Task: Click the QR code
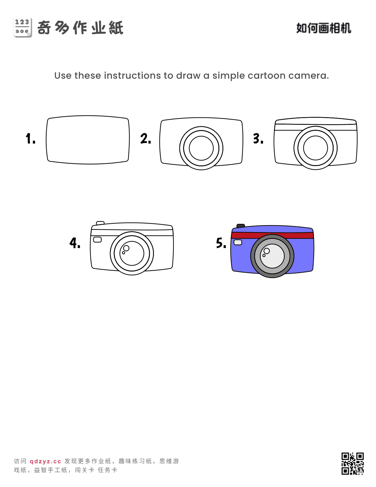pos(352,463)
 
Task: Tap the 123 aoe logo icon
pos(22,27)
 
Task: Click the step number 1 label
pos(30,138)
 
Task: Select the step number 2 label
pos(146,138)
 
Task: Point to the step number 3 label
pos(258,138)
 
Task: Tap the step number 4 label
pos(75,243)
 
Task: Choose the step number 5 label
pos(221,243)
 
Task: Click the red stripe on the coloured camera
pos(272,235)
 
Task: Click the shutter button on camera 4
pos(100,223)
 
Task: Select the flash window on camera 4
pos(97,240)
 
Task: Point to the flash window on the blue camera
pos(238,242)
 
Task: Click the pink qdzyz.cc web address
pos(45,461)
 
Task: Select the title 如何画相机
pos(324,28)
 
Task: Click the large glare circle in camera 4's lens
pos(126,248)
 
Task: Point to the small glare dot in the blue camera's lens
pos(264,255)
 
